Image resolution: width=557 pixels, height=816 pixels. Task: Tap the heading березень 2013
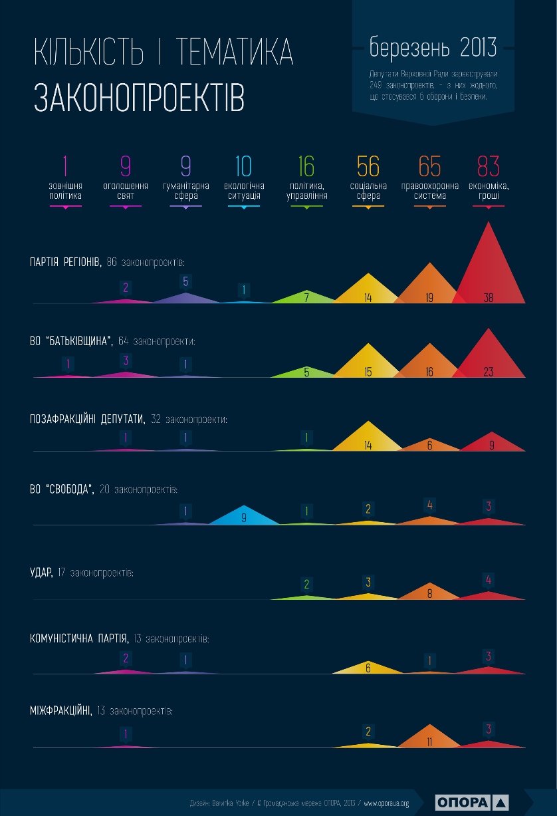click(433, 47)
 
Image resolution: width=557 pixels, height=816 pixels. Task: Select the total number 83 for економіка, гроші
click(488, 166)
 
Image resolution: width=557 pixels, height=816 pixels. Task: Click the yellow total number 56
click(368, 166)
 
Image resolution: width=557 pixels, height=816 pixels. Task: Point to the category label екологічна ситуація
click(244, 191)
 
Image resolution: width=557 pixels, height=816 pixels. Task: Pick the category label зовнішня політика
click(65, 191)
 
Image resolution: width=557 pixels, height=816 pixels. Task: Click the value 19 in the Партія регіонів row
click(429, 297)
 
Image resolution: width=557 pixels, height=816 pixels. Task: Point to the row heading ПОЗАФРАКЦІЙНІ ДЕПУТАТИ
click(87, 420)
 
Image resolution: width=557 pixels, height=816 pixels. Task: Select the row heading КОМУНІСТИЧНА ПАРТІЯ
click(79, 638)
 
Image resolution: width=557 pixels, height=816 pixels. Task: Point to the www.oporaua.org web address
click(386, 803)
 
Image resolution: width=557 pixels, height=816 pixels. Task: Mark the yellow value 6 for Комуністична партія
click(368, 668)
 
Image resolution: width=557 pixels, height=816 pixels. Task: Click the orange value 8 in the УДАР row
click(429, 594)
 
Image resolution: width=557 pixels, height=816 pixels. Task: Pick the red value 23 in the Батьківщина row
click(489, 372)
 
